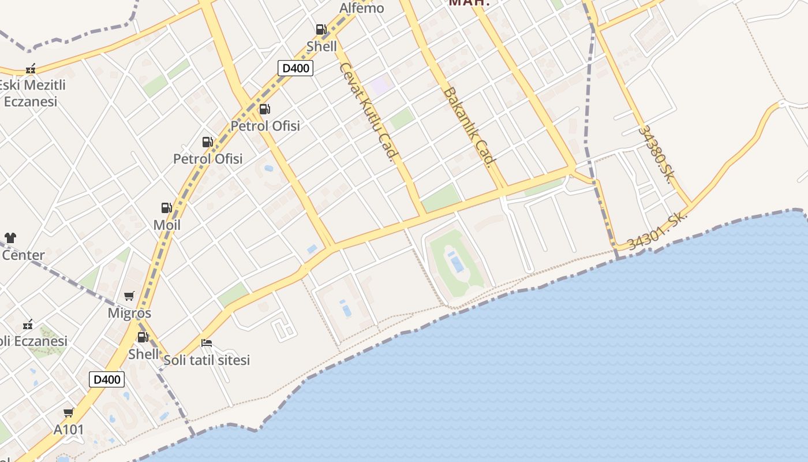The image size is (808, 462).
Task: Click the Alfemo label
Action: pyautogui.click(x=362, y=8)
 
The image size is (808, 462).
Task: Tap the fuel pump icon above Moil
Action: pyautogui.click(x=166, y=208)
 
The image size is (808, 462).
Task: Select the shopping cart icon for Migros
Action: pyautogui.click(x=129, y=296)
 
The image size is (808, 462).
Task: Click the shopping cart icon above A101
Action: pyautogui.click(x=69, y=412)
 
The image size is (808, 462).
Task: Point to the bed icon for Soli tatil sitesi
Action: pyautogui.click(x=207, y=343)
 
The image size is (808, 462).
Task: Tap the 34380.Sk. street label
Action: pyautogui.click(x=656, y=153)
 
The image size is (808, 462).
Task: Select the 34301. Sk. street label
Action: pyautogui.click(x=656, y=232)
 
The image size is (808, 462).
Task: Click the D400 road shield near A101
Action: pyautogui.click(x=107, y=379)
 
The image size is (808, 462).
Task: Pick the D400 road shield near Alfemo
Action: pyautogui.click(x=295, y=68)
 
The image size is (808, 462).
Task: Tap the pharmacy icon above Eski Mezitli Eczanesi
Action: pyautogui.click(x=31, y=69)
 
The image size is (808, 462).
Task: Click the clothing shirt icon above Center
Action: pyautogui.click(x=10, y=237)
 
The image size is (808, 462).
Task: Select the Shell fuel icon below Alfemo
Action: pyautogui.click(x=321, y=29)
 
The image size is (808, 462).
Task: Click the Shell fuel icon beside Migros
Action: pyautogui.click(x=143, y=337)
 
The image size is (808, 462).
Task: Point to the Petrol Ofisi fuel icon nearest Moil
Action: pyautogui.click(x=207, y=142)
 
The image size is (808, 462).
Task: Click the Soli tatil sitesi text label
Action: pyautogui.click(x=207, y=360)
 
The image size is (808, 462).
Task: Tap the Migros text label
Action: pyautogui.click(x=129, y=313)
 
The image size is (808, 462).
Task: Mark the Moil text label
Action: pyautogui.click(x=167, y=225)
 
